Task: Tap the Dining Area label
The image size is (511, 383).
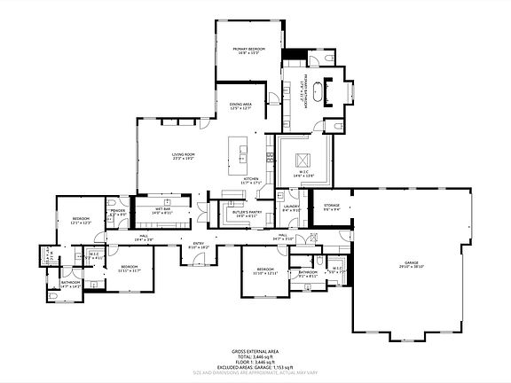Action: (x=241, y=106)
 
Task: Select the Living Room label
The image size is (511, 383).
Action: (x=184, y=157)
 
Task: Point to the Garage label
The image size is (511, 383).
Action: (x=411, y=264)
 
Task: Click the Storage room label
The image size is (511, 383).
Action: (x=332, y=207)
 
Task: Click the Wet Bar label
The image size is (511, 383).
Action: (x=161, y=211)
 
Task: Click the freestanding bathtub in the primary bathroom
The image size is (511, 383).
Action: (x=334, y=91)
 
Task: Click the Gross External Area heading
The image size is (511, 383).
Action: (x=255, y=351)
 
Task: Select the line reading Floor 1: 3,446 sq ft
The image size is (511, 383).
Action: (x=255, y=362)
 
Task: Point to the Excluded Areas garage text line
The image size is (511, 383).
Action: (x=255, y=367)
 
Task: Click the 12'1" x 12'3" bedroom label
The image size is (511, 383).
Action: (x=80, y=221)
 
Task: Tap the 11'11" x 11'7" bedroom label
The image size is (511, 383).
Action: (x=130, y=268)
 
